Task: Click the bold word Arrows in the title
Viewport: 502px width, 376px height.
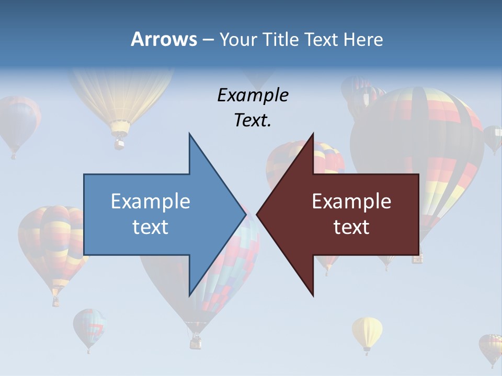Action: pyautogui.click(x=164, y=39)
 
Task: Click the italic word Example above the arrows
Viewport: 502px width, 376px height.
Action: pyautogui.click(x=253, y=95)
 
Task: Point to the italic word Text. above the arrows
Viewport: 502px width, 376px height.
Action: pyautogui.click(x=253, y=120)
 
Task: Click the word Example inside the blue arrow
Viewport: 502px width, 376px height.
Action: pyautogui.click(x=151, y=201)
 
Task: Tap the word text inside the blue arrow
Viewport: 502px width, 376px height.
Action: pyautogui.click(x=151, y=227)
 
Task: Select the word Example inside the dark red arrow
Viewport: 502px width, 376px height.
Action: pyautogui.click(x=351, y=201)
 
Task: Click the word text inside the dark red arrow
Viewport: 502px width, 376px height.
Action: pyautogui.click(x=351, y=227)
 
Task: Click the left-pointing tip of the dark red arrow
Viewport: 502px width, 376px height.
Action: pyautogui.click(x=258, y=214)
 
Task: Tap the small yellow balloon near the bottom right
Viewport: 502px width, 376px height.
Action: pyautogui.click(x=367, y=332)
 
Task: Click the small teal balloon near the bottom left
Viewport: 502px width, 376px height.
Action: pyautogui.click(x=88, y=326)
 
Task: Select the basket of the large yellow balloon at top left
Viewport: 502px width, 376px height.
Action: pyautogui.click(x=120, y=142)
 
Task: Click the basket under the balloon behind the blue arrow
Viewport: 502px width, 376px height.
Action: pyautogui.click(x=195, y=342)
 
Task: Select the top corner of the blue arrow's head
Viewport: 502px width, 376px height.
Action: pyautogui.click(x=189, y=134)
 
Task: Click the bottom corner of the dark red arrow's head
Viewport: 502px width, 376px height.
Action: pyautogui.click(x=313, y=296)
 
